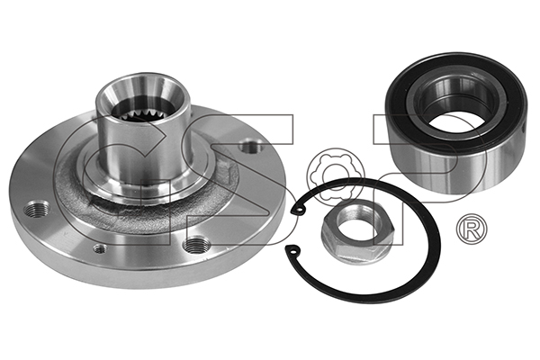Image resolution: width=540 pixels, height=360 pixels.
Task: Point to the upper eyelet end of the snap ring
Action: [x=299, y=209]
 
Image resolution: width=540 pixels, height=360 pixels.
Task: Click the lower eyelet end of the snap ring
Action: [x=292, y=250]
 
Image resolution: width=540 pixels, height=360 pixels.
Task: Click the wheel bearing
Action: [x=455, y=121]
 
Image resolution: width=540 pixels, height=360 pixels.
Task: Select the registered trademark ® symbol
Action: [x=472, y=228]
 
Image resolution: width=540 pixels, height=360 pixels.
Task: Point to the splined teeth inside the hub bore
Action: [x=142, y=114]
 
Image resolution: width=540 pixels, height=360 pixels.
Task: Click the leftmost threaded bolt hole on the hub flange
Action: [x=37, y=209]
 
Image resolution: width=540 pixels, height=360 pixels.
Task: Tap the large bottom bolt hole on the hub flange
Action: [x=196, y=246]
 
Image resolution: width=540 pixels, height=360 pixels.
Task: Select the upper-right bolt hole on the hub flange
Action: [x=252, y=147]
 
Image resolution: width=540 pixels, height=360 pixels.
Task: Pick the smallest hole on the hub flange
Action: [x=100, y=248]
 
